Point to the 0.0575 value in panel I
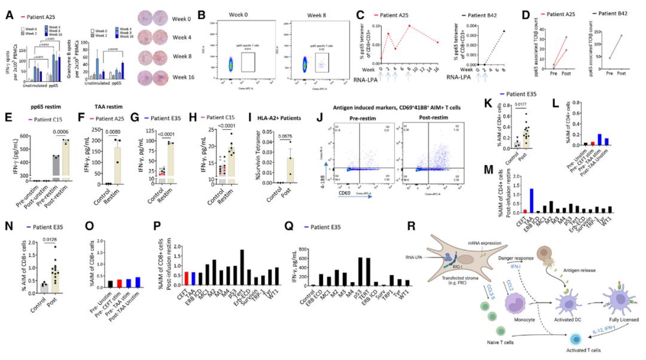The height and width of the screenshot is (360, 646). (x=273, y=135)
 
